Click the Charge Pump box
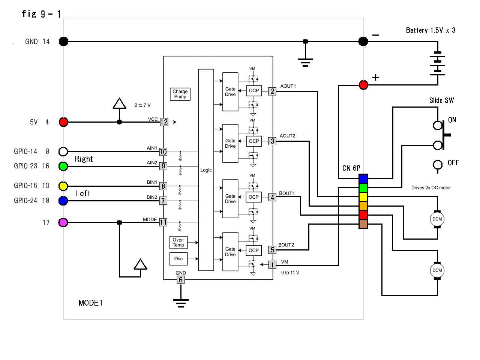pos(180,94)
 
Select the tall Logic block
pos(206,170)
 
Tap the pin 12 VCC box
pos(164,122)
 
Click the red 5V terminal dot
pos(64,122)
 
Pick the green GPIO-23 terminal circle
pos(63,166)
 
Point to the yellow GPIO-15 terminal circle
pos(63,186)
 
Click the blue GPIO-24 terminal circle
pos(63,201)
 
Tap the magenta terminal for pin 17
pos(63,222)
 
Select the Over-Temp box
pos(178,243)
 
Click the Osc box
pos(178,259)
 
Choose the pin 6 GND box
pos(180,280)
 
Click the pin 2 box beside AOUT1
pos(272,91)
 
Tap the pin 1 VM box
pos(272,265)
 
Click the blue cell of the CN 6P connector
pos(363,179)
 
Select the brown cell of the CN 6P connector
pos(363,224)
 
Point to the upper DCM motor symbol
pos(437,219)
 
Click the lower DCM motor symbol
pos(437,270)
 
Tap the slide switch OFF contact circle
pos(438,165)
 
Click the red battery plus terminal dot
pos(363,85)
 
